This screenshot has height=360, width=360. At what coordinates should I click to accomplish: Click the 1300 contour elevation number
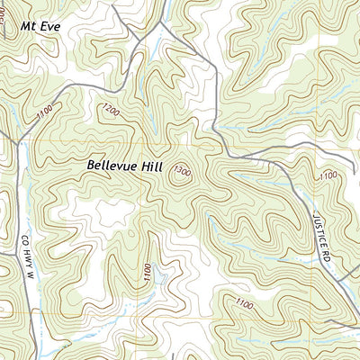click(x=183, y=172)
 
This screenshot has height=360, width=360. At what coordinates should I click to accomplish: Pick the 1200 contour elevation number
click(x=110, y=111)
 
